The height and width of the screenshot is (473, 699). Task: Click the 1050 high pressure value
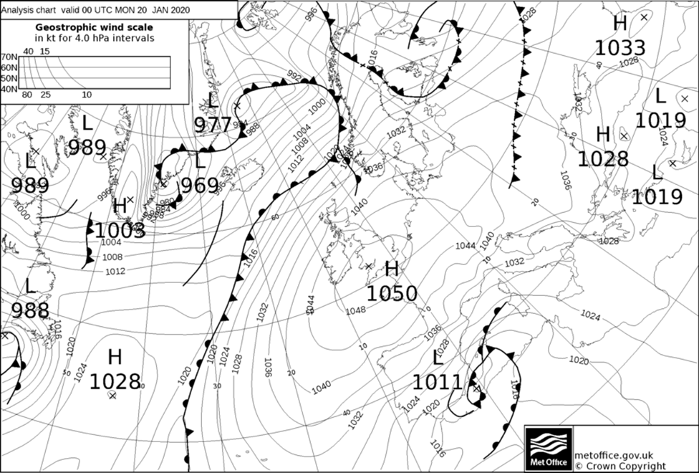pos(392,294)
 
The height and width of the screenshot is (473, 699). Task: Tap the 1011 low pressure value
pos(438,382)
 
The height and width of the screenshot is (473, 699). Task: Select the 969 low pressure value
pos(199,186)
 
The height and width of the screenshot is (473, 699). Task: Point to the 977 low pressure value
pos(213,125)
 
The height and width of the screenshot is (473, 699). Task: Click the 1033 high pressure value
pos(620,48)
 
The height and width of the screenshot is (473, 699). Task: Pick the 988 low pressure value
pos(30,310)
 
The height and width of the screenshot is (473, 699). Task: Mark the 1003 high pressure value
pos(120,231)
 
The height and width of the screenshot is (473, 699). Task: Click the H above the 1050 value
pos(392,269)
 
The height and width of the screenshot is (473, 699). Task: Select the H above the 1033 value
pos(620,24)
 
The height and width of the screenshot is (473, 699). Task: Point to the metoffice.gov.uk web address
pos(614,454)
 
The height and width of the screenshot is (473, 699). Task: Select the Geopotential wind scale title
pos(95,27)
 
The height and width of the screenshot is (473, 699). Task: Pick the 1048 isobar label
pos(355,310)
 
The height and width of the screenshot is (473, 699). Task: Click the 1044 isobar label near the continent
pos(466,246)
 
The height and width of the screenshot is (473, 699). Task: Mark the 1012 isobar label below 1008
pos(115,271)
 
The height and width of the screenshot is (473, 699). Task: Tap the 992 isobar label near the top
pos(294,75)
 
